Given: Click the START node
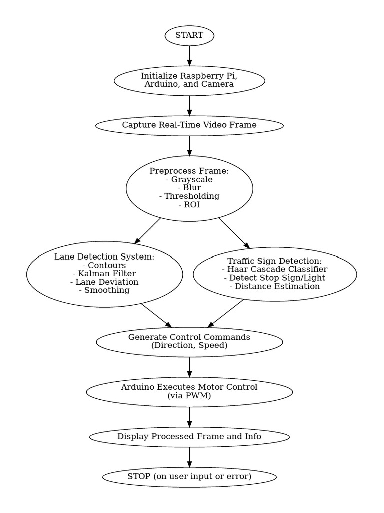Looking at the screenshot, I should [189, 35].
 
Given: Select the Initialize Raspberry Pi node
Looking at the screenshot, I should [189, 80].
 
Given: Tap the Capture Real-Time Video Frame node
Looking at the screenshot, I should [189, 125].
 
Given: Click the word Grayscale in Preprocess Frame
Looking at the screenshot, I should [192, 179].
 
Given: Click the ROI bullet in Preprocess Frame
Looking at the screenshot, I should [189, 204].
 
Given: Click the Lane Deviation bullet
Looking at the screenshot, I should [104, 282].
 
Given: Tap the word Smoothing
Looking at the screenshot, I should [107, 290].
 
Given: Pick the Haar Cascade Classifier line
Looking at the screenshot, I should [274, 269].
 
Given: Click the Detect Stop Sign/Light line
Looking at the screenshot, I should [274, 278].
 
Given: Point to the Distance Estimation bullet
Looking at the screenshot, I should [274, 286].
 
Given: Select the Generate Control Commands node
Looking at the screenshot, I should [189, 341].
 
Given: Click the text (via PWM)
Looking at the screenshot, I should [189, 396].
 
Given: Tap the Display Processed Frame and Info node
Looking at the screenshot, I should [189, 436].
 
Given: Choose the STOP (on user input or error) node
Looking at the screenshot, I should [189, 476].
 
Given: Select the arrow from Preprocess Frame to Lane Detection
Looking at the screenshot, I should [148, 231].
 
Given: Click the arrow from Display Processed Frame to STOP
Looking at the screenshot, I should [189, 456].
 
